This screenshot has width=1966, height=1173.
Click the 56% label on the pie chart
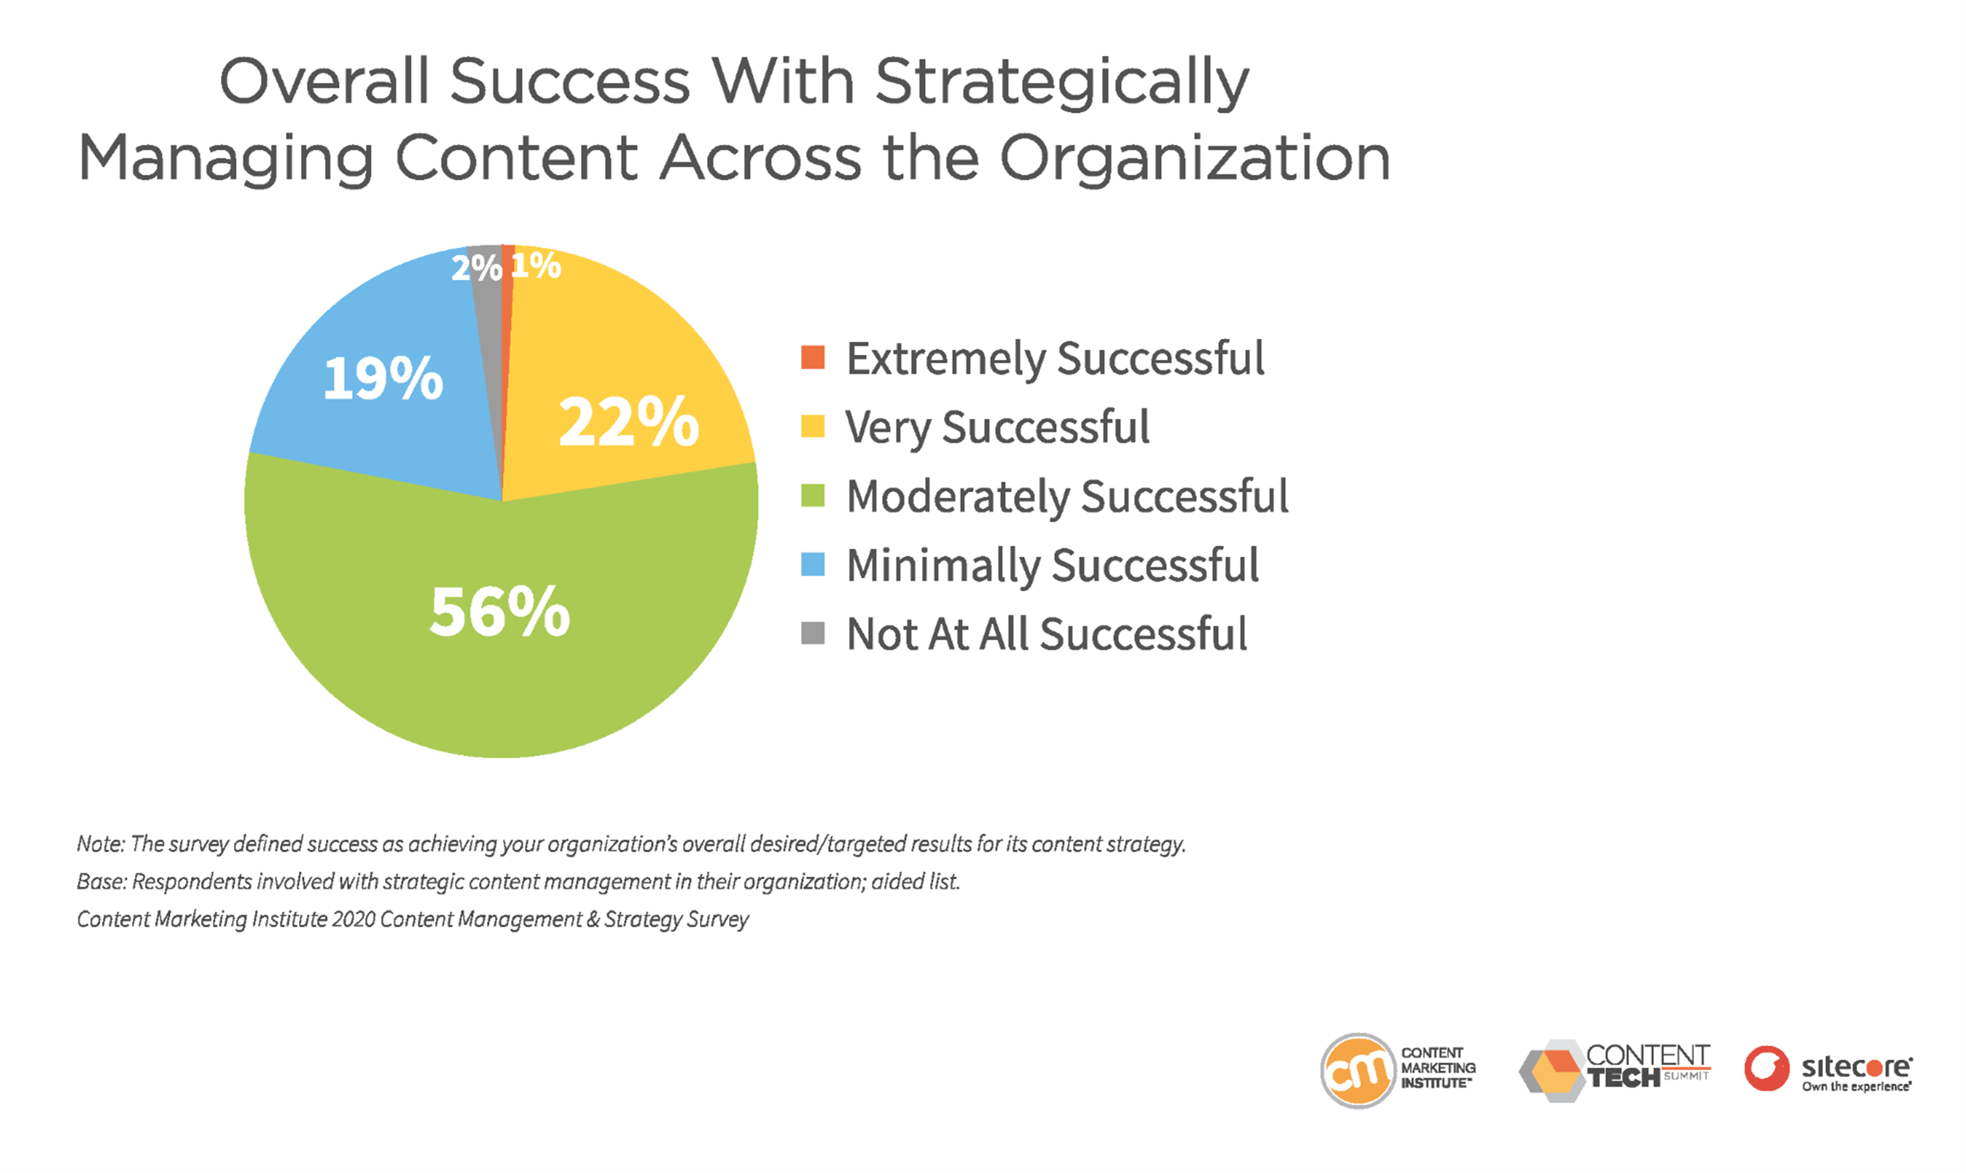[499, 612]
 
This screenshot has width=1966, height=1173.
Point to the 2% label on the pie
[477, 268]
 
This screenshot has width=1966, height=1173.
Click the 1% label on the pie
[536, 265]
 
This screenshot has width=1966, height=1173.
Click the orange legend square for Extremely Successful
[812, 357]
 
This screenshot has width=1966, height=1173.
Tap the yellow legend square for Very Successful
[812, 426]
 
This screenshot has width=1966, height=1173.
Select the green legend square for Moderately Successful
[812, 496]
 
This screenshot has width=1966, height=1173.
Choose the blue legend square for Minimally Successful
[812, 565]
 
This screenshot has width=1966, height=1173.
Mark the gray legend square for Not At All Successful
[812, 633]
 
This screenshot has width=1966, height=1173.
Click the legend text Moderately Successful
[1067, 497]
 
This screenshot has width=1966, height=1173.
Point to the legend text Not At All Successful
[1047, 634]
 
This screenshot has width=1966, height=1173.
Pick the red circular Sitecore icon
[1767, 1068]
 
